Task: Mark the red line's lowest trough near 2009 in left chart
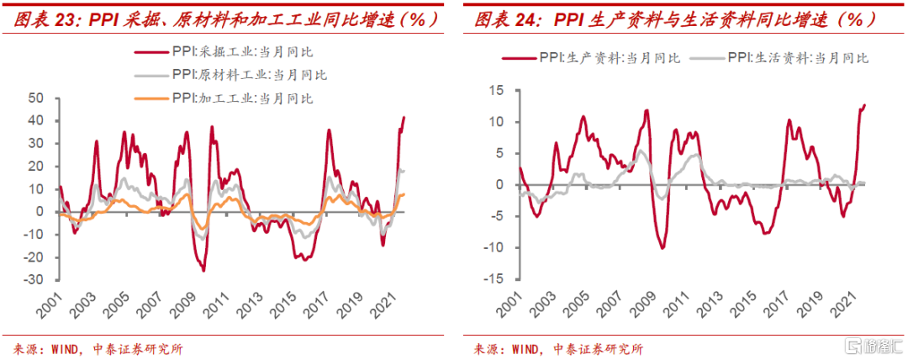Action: coord(203,270)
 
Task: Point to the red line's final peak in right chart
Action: coord(864,105)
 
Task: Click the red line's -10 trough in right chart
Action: coord(663,247)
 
